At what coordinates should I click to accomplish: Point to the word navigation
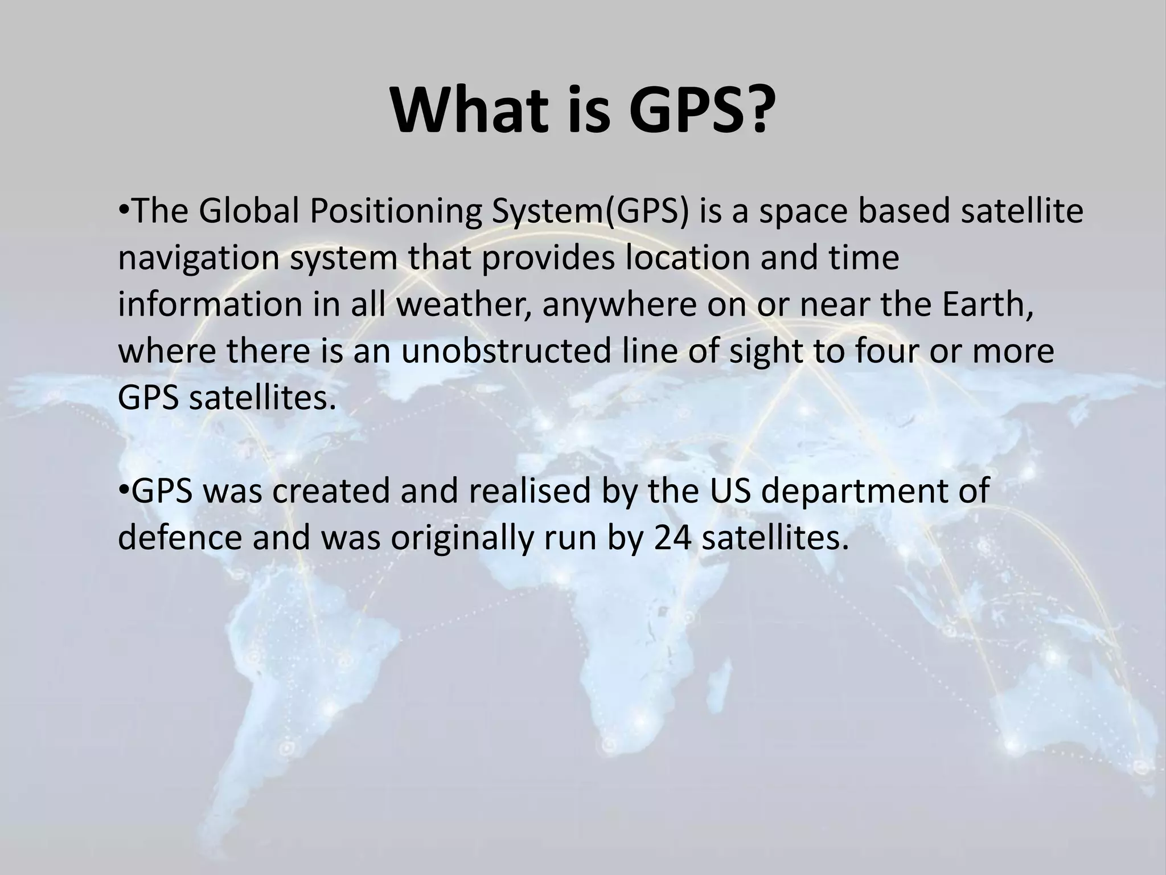199,259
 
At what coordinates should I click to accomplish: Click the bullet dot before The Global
124,212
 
